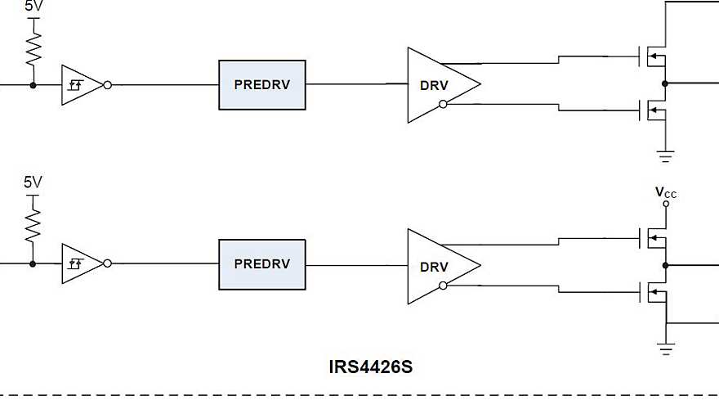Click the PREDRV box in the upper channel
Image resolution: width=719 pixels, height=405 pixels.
(x=261, y=84)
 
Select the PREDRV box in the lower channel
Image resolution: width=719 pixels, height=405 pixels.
(x=261, y=264)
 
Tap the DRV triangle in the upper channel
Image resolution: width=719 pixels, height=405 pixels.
(x=437, y=84)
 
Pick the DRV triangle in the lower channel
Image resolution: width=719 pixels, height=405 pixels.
(x=437, y=266)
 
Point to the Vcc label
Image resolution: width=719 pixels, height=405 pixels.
(x=666, y=193)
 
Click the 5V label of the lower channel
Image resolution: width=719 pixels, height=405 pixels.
(x=33, y=182)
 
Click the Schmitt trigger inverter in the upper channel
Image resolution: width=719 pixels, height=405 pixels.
(x=81, y=84)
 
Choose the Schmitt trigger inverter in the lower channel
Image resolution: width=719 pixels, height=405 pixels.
(x=81, y=264)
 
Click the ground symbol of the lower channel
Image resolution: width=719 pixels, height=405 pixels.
(x=666, y=349)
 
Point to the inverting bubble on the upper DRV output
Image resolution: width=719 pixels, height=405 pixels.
(x=443, y=104)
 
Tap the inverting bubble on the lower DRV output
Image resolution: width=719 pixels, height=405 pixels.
(x=443, y=285)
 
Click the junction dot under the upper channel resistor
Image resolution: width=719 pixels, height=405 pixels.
(x=33, y=84)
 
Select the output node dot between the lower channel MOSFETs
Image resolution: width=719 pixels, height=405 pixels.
(x=666, y=265)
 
